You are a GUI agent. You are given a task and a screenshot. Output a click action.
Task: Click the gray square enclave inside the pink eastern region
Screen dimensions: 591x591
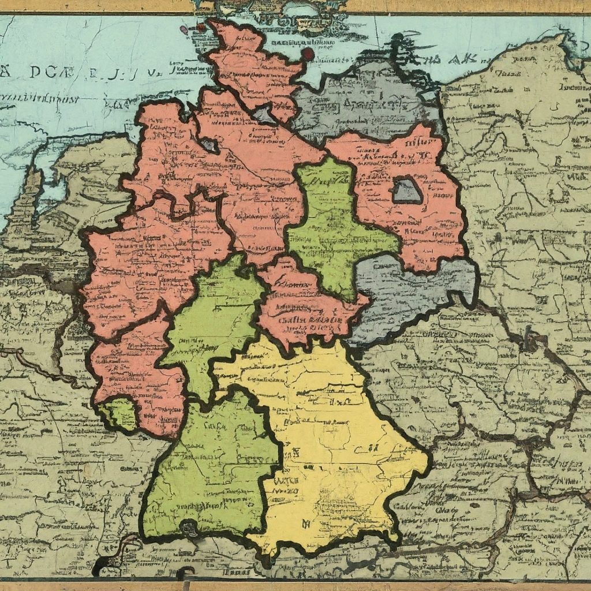[x=407, y=191]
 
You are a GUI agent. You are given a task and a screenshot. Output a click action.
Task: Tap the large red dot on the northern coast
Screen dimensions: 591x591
[x=308, y=54]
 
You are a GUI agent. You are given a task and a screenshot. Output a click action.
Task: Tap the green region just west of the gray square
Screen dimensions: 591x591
[x=329, y=225]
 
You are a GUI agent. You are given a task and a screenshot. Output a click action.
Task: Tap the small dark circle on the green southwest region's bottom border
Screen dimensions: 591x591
[x=189, y=526]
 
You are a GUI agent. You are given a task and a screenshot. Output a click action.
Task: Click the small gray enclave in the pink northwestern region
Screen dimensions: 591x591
[x=209, y=145]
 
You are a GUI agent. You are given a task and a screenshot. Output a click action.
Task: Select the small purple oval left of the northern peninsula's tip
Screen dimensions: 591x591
[x=184, y=29]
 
